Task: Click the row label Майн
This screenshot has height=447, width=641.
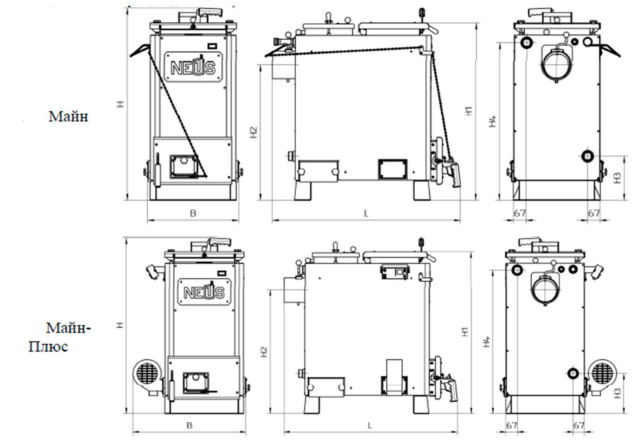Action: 68,116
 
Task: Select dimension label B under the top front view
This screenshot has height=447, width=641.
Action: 193,213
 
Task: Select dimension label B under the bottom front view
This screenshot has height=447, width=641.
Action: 189,425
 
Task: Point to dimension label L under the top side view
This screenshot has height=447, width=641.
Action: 366,213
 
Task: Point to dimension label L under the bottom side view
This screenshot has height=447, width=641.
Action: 370,425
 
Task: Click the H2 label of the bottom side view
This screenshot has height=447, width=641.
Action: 264,351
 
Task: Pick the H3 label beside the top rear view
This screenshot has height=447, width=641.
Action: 617,178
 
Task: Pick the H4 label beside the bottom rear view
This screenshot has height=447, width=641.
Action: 486,341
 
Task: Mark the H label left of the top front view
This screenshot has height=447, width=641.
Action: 121,103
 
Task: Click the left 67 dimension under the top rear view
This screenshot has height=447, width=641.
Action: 519,213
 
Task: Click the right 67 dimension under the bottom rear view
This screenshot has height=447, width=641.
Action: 578,425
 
